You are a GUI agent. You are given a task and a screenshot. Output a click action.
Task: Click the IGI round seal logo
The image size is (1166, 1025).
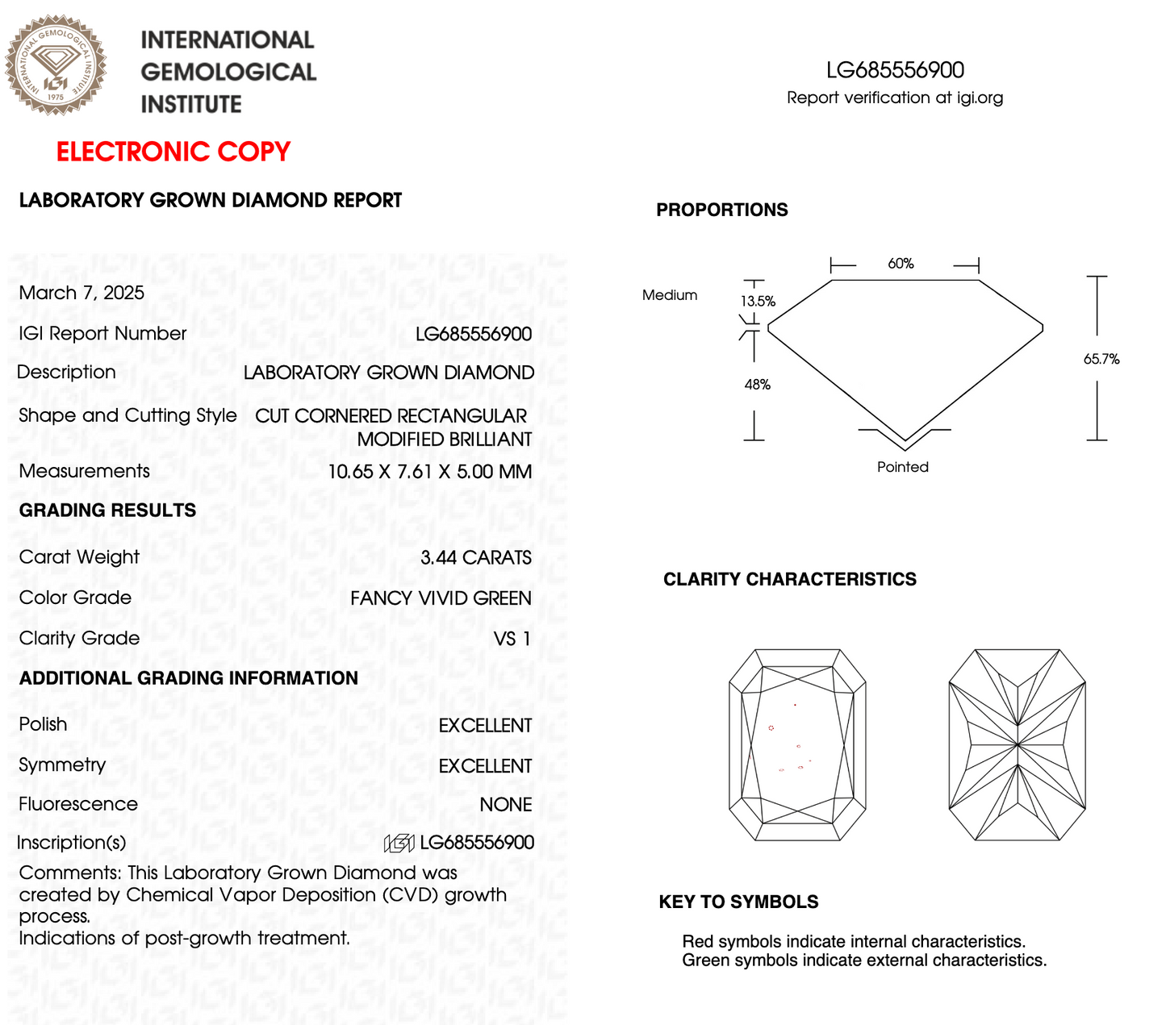click(56, 65)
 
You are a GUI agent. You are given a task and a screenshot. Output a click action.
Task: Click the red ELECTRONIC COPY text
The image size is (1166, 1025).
click(173, 152)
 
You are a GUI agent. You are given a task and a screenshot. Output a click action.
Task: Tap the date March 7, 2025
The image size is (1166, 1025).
click(81, 293)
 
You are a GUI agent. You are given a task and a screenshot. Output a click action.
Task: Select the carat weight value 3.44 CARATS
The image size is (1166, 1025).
click(475, 557)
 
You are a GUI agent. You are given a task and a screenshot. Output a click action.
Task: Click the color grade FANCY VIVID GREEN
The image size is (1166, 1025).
click(441, 598)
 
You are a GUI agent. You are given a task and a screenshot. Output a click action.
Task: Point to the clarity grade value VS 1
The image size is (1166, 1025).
click(512, 639)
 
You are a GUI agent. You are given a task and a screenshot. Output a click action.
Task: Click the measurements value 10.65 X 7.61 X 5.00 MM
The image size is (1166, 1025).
click(429, 472)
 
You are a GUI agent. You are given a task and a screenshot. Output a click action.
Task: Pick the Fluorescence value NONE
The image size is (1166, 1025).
click(505, 805)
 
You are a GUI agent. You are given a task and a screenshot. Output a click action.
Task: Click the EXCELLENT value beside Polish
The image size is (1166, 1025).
click(485, 726)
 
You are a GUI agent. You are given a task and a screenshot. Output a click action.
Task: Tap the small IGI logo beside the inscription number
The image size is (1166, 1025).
click(399, 844)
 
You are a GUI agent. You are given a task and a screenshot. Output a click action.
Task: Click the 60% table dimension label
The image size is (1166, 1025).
click(901, 264)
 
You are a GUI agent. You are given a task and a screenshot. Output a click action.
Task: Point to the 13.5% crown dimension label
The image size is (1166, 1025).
click(758, 302)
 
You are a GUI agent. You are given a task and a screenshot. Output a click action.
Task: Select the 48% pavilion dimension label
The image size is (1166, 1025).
click(757, 385)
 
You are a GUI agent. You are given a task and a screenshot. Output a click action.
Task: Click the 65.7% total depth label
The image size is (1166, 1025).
click(1101, 359)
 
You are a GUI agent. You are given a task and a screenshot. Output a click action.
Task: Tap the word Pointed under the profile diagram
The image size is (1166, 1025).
click(902, 467)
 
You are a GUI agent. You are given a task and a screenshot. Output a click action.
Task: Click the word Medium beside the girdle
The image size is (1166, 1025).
click(669, 295)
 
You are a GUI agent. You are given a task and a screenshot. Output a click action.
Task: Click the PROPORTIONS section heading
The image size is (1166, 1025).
click(721, 210)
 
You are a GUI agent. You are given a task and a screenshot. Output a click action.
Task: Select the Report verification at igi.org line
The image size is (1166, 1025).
click(894, 98)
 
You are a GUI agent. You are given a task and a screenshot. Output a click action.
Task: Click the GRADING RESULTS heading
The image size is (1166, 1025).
click(107, 510)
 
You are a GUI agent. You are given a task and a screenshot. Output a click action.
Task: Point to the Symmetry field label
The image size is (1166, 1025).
click(62, 765)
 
